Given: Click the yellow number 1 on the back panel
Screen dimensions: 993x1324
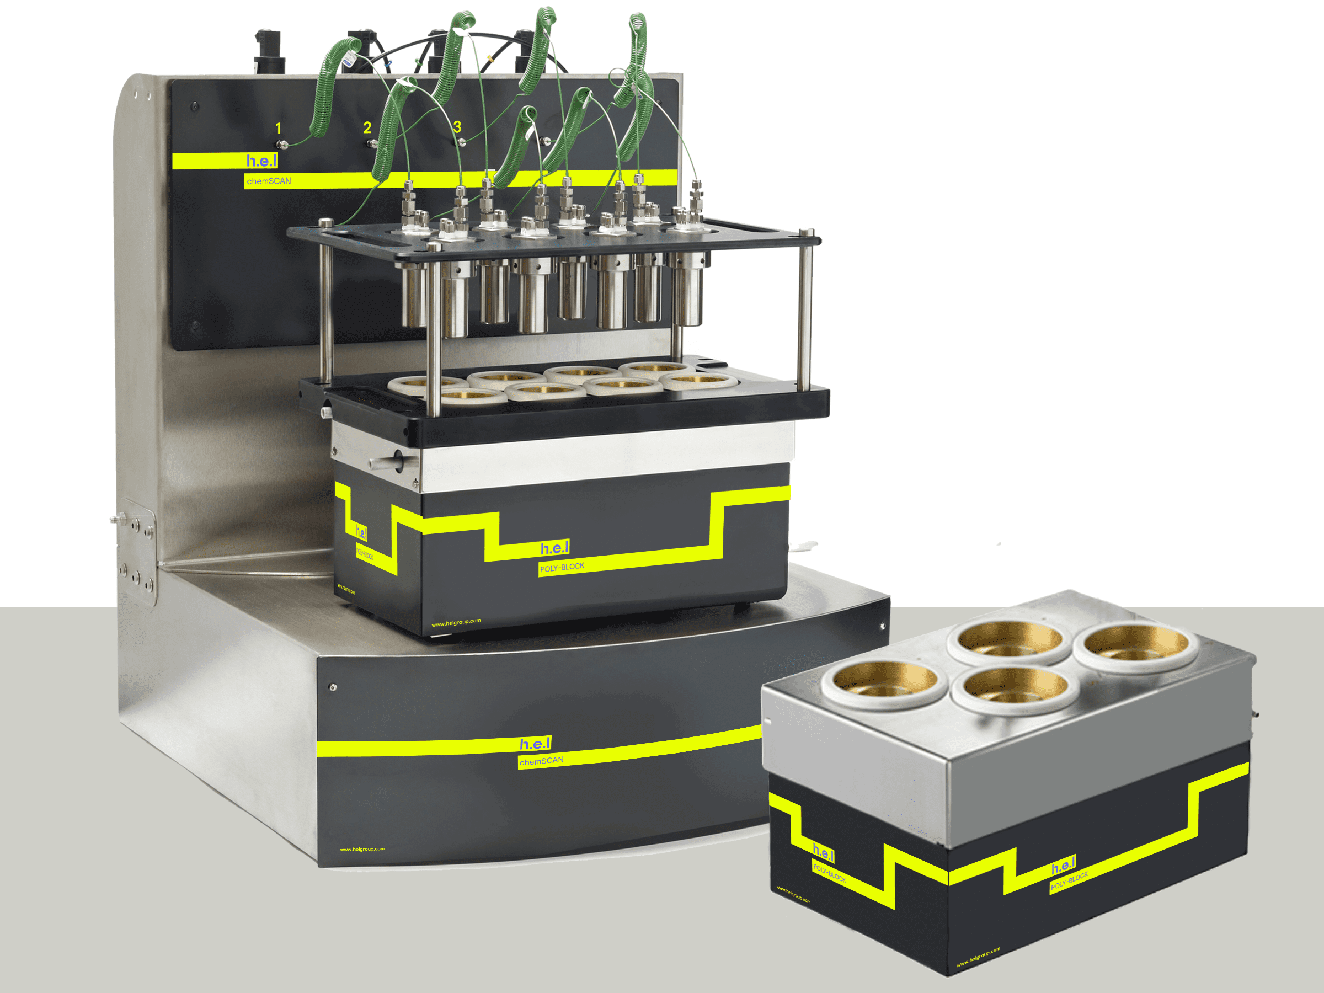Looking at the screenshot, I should coord(279,129).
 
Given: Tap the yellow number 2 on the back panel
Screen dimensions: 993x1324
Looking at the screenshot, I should coord(367,127).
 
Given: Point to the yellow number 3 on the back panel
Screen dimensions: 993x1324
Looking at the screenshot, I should coord(457,127).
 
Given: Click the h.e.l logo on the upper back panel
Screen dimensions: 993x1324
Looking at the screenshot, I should coord(261,161).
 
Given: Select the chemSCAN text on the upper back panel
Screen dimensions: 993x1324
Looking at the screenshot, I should coord(269,181).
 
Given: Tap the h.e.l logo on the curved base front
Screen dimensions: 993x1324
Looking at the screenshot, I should coord(535,744).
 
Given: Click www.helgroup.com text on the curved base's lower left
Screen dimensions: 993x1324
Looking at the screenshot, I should coord(362,850).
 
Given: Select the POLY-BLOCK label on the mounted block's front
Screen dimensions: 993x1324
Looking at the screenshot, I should coord(562,567).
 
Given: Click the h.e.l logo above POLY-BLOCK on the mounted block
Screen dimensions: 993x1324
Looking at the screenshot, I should coord(554,548).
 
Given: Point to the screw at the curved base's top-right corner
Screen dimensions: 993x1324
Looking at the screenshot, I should coord(882,626).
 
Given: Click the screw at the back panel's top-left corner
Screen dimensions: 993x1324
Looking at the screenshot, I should coord(195,106).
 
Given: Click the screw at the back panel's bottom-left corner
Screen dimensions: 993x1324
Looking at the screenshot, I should coord(195,326).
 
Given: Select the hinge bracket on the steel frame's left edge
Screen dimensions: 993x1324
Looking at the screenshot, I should coord(138,551).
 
